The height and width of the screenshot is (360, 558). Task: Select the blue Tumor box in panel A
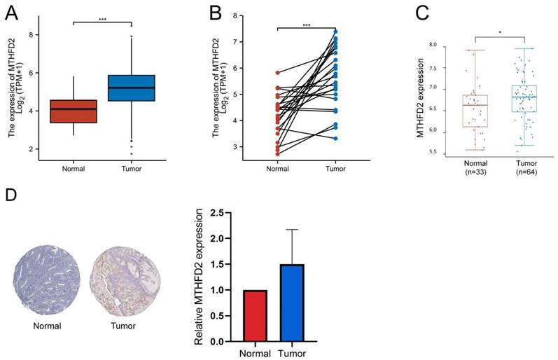pos(131,88)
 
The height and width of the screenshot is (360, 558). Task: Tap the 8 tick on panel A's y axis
pos(31,34)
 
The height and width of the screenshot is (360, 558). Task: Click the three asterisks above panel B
pos(306,25)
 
